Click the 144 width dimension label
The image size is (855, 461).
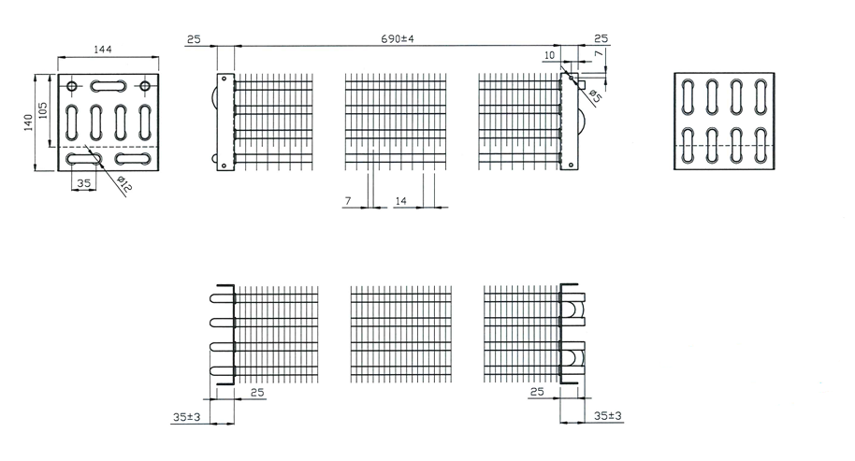pos(103,49)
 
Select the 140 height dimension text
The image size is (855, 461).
pos(28,122)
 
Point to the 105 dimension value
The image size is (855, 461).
pos(43,110)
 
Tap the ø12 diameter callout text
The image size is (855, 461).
pos(124,185)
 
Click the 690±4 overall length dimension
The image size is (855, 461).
pos(397,38)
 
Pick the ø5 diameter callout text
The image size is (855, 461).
pos(595,95)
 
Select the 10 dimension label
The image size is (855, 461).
pos(549,55)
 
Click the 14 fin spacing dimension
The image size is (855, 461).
pos(400,201)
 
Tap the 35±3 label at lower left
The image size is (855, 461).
pos(186,417)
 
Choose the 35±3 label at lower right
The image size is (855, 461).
pos(607,416)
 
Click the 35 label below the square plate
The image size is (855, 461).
pos(83,183)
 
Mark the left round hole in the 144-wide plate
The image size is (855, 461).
pos(72,85)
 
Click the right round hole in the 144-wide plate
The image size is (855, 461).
pos(144,85)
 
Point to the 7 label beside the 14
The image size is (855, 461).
pos(348,201)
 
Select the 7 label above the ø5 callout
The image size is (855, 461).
pos(599,53)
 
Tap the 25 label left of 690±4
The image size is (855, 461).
pos(194,39)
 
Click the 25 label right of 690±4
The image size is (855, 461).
pos(601,38)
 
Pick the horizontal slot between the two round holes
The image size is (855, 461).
pos(109,85)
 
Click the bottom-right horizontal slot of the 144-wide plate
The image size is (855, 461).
pos(133,159)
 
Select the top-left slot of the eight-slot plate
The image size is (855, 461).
pos(688,96)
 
